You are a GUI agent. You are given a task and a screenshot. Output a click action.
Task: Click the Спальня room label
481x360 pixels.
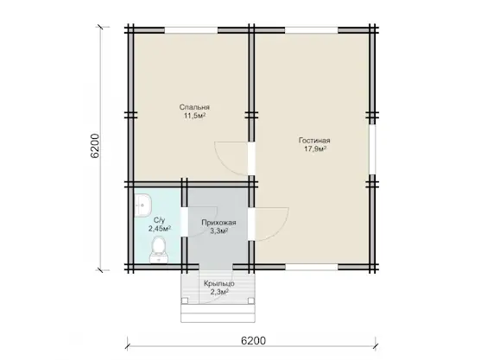pos(194,107)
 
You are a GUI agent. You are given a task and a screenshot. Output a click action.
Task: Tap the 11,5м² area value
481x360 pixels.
pos(194,116)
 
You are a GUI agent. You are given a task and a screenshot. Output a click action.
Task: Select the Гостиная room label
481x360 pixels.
pos(314,141)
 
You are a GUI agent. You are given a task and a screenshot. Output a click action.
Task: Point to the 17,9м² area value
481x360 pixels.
pos(314,149)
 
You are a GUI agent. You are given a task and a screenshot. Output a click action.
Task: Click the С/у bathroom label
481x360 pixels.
pos(160,220)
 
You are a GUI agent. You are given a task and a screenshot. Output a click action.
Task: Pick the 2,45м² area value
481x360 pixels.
pos(160,229)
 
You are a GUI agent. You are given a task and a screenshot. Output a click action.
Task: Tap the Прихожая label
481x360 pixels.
pos(218,223)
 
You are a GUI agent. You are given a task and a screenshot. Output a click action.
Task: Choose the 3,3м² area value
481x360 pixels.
pos(218,231)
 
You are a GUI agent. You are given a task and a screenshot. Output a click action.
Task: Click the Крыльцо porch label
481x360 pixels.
pos(219,283)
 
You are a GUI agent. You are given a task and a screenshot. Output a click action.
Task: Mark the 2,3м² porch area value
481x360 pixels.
pos(219,292)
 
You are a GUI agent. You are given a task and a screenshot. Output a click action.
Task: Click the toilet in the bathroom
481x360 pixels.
pos(159,249)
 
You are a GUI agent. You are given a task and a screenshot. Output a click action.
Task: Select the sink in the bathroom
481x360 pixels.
pos(142,205)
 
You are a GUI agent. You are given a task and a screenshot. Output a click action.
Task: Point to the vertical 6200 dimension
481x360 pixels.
pos(95,146)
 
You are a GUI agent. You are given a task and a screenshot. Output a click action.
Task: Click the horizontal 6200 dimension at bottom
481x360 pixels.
pos(253,340)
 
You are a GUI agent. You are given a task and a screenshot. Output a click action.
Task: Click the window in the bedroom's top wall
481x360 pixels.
pos(192,30)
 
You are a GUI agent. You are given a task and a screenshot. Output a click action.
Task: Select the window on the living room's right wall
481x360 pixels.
pos(372,149)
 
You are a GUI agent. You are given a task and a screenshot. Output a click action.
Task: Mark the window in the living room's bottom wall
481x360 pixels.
pos(312,267)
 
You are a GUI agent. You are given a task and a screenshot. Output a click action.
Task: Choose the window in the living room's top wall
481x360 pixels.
pos(312,30)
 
